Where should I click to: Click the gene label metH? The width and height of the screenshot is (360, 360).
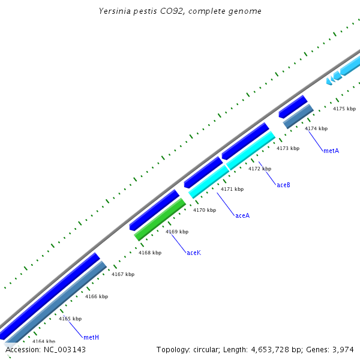pyautogui.click(x=91, y=338)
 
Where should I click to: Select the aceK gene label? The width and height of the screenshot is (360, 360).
pyautogui.click(x=194, y=253)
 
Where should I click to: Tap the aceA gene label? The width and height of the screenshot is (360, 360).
pyautogui.click(x=242, y=215)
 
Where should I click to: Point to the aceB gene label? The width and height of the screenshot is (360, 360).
pyautogui.click(x=283, y=185)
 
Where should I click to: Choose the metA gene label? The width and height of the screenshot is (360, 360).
pyautogui.click(x=331, y=151)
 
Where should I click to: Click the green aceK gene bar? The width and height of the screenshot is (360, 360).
pyautogui.click(x=160, y=219)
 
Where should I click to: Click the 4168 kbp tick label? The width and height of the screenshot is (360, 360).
pyautogui.click(x=150, y=253)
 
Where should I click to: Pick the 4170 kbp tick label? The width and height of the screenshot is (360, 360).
pyautogui.click(x=205, y=211)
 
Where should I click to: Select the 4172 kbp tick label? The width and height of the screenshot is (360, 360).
pyautogui.click(x=260, y=169)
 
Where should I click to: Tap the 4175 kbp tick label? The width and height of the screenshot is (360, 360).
pyautogui.click(x=344, y=109)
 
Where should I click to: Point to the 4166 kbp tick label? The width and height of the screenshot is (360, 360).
pyautogui.click(x=97, y=296)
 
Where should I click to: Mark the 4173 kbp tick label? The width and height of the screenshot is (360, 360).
pyautogui.click(x=288, y=148)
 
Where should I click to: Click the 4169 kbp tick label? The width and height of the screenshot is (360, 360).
pyautogui.click(x=177, y=232)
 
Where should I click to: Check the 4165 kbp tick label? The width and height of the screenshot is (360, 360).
pyautogui.click(x=70, y=319)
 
